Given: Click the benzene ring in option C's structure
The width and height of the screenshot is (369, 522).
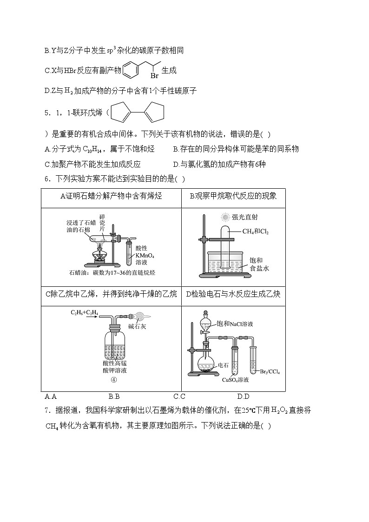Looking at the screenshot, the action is [131, 70].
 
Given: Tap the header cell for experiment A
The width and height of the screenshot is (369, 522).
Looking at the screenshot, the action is [111, 196].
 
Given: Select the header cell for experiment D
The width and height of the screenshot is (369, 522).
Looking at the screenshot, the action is [233, 294].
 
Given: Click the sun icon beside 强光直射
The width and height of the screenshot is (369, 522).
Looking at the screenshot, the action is [226, 217].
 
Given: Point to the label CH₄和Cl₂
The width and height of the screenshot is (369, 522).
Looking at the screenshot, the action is [256, 231].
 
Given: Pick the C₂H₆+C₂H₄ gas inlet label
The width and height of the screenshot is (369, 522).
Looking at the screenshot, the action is [84, 313].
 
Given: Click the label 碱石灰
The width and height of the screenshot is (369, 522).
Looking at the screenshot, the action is [138, 326].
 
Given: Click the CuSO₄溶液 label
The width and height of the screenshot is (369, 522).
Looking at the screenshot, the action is [235, 380].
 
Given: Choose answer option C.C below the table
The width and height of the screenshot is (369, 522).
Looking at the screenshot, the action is [179, 396].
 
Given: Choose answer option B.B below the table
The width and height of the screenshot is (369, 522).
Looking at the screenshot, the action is [114, 396].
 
